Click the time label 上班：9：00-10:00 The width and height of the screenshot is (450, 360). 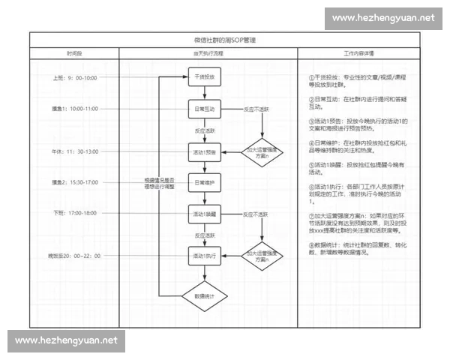(74, 78)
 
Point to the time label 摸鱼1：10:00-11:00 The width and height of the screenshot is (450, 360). (74, 109)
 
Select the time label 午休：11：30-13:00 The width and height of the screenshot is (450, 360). (74, 151)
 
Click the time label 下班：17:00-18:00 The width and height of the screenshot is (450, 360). (74, 214)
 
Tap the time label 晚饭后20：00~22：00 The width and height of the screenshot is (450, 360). (74, 256)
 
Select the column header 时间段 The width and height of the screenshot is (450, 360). (74, 54)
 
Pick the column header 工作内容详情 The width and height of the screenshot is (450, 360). (359, 54)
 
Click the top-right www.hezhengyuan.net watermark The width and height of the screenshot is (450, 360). (383, 17)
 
